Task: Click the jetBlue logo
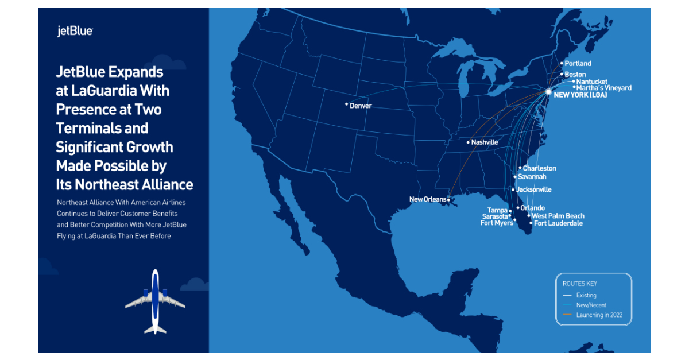tap(75, 32)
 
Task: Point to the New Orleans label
tap(427, 199)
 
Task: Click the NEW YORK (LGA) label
tap(580, 95)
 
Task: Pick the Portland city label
tap(578, 63)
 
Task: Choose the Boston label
tap(575, 75)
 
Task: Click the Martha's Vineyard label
tap(603, 88)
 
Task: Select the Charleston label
tap(540, 168)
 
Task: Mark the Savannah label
tap(532, 177)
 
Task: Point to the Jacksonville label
tap(534, 189)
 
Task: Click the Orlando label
tap(532, 208)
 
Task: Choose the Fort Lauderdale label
tap(558, 223)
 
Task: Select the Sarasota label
tap(494, 216)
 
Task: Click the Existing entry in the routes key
tap(586, 295)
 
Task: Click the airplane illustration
tap(155, 301)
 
